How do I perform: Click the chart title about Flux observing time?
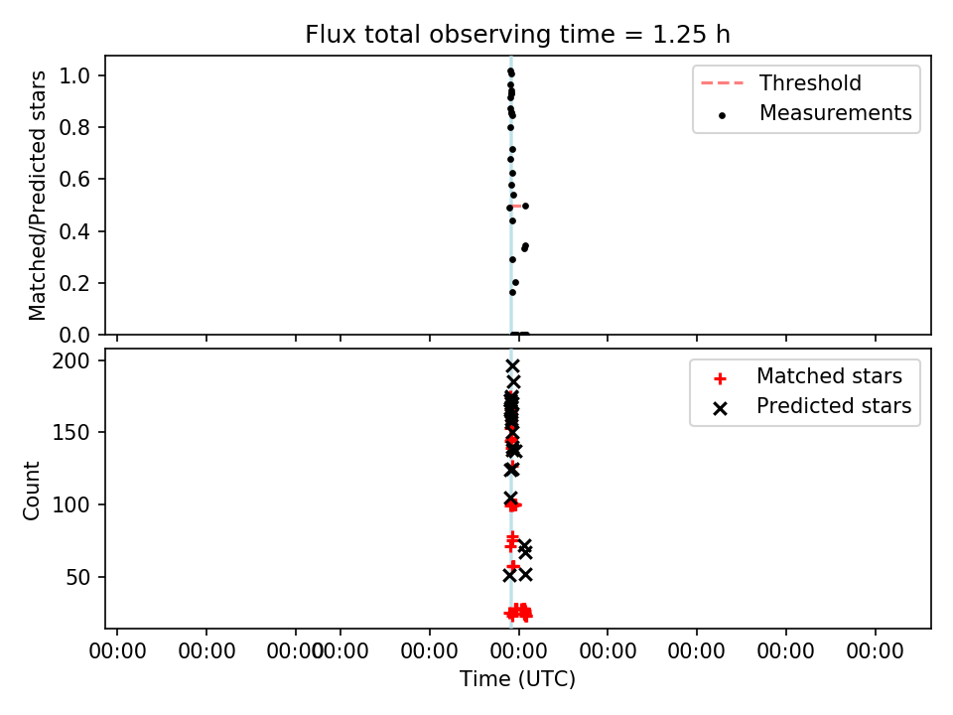coord(517,35)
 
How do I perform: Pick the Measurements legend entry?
coord(814,113)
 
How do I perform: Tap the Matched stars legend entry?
coord(808,376)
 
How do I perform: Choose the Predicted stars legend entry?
coord(812,406)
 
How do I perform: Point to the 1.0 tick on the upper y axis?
coord(74,76)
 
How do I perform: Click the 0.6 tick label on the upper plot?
coord(74,180)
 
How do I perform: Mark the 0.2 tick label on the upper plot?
coord(74,283)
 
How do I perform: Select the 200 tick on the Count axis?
coord(70,361)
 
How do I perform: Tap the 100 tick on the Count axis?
coord(70,504)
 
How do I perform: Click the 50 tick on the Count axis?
coord(77,577)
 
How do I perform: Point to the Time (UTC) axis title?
coord(517,679)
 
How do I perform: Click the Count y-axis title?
coord(32,491)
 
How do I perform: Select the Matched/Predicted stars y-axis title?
coord(37,196)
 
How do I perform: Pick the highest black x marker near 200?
coord(513,366)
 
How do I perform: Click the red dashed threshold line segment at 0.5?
coord(517,207)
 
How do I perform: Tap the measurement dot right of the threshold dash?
coord(526,207)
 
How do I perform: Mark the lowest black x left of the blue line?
coord(509,575)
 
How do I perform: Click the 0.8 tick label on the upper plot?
coord(74,128)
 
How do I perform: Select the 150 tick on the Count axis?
coord(70,433)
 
